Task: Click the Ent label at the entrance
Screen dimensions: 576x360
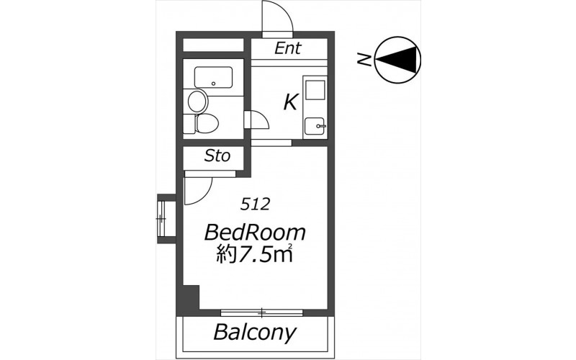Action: (x=288, y=48)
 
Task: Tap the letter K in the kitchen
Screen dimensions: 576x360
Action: (x=290, y=102)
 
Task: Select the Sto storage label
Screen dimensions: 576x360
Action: (x=217, y=156)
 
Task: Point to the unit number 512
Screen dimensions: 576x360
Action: (x=256, y=204)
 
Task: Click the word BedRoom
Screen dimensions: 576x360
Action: (x=255, y=233)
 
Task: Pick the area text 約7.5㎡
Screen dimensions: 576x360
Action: (x=255, y=253)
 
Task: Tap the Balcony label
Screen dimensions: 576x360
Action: (x=255, y=333)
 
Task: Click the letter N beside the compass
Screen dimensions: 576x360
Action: (x=364, y=59)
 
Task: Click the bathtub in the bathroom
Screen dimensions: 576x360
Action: (x=213, y=78)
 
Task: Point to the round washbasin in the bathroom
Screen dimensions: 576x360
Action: (x=197, y=101)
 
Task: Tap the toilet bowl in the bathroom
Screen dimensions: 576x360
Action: (x=207, y=123)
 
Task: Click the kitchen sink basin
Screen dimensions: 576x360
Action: (x=314, y=126)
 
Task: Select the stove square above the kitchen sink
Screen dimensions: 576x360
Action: (x=315, y=90)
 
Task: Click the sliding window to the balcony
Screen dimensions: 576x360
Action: (x=261, y=313)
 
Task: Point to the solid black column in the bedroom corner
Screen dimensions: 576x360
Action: (x=191, y=297)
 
